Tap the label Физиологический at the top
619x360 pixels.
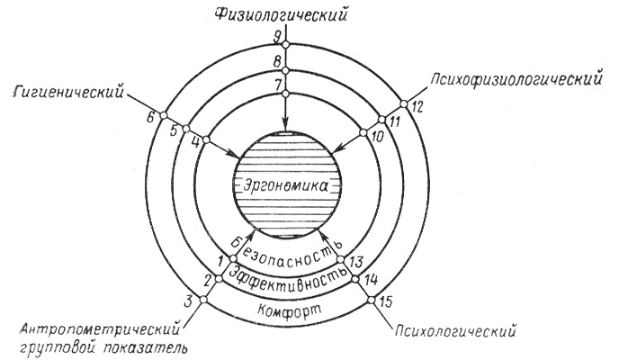[282, 14]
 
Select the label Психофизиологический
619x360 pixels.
[516, 79]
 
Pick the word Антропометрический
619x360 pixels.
[101, 329]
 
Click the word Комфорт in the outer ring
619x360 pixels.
[290, 309]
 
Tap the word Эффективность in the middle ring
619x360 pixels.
[288, 276]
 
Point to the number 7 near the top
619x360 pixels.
[278, 85]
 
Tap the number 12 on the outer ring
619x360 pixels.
[417, 106]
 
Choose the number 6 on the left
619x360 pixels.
[151, 117]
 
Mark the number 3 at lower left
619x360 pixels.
[189, 301]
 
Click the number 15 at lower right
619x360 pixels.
[385, 302]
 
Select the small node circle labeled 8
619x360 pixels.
[287, 70]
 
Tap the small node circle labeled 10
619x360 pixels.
[363, 132]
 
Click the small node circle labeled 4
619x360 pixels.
[206, 139]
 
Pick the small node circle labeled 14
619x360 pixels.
[354, 279]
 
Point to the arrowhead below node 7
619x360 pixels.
[286, 122]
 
